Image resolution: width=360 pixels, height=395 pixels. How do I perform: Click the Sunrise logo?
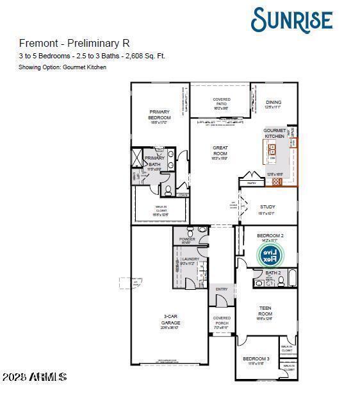click(291, 20)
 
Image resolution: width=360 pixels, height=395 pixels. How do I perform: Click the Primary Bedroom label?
click(160, 116)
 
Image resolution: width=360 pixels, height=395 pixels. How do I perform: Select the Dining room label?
click(274, 105)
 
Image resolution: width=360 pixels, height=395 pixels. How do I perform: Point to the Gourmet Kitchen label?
click(274, 133)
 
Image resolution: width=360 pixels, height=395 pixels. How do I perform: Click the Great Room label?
click(220, 151)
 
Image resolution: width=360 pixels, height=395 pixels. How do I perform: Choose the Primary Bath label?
click(154, 162)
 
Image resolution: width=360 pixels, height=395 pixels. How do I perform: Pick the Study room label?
click(267, 209)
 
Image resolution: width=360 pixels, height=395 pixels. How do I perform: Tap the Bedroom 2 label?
click(270, 238)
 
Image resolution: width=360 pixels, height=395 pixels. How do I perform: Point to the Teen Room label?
click(265, 311)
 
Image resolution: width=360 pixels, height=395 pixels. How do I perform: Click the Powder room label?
click(187, 240)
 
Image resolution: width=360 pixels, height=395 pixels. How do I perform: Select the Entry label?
click(222, 289)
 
